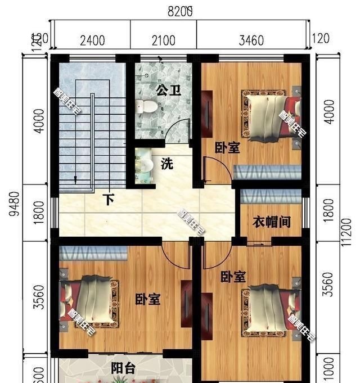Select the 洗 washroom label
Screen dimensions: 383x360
point(167,165)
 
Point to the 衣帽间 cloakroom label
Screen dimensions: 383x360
point(271,222)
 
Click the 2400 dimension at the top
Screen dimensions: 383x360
point(92,40)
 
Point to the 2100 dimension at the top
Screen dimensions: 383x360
point(164,40)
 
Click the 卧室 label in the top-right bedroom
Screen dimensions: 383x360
point(227,148)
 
